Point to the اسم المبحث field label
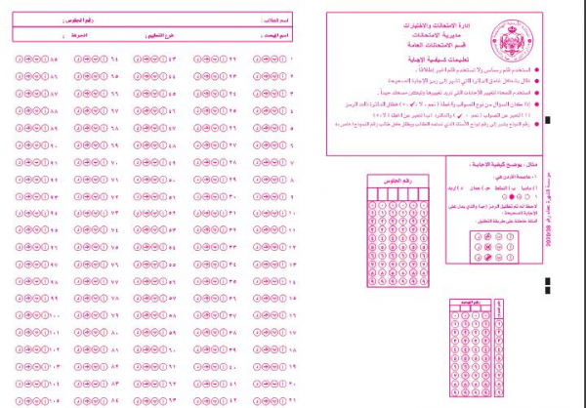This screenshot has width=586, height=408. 276,35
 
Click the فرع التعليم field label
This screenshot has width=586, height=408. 167,35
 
